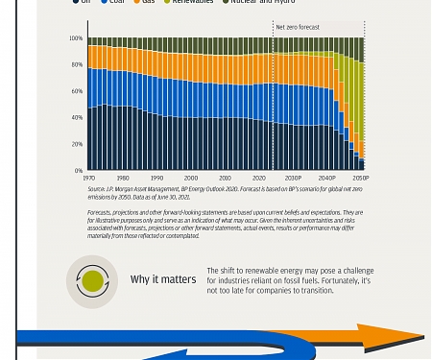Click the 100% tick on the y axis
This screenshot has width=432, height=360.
(x=75, y=38)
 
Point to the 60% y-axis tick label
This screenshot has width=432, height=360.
(x=76, y=91)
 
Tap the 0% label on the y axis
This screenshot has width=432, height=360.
(x=78, y=171)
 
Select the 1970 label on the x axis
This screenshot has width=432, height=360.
(x=88, y=179)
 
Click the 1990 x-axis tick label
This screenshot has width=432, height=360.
(x=156, y=179)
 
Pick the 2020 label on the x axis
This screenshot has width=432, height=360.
(x=258, y=179)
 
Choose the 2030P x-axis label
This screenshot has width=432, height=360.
(x=293, y=179)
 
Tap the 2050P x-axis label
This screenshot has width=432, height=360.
(x=360, y=179)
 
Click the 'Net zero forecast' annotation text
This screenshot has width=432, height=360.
(x=298, y=28)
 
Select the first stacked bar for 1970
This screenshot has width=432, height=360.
(x=90, y=106)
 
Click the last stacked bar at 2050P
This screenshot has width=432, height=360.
(x=362, y=115)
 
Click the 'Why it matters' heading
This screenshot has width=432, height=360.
(x=163, y=280)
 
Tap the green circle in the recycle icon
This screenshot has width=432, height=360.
(x=92, y=281)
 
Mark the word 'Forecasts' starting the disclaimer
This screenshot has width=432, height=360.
(x=99, y=213)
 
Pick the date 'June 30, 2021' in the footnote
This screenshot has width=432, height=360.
(x=174, y=197)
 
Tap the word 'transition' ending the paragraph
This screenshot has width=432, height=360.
(x=315, y=291)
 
